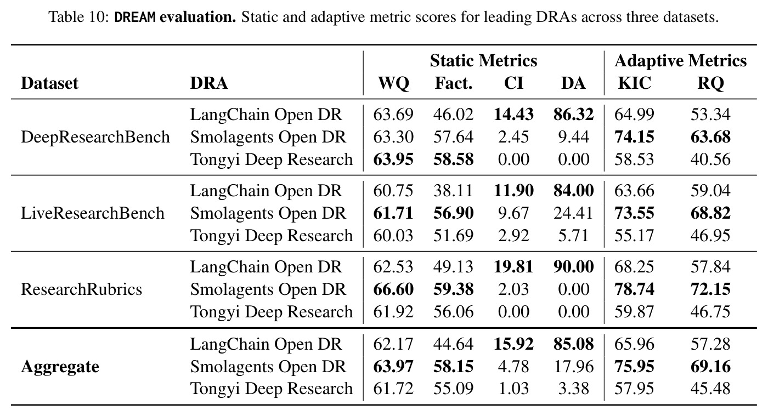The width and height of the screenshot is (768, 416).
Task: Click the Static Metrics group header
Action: (x=483, y=61)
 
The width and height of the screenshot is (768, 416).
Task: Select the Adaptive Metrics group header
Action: (x=681, y=61)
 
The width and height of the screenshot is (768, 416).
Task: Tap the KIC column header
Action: (x=634, y=83)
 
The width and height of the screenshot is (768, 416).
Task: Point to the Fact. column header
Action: (x=454, y=83)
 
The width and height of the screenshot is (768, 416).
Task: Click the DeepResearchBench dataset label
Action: (x=95, y=137)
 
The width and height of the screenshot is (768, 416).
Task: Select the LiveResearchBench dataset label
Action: (x=93, y=213)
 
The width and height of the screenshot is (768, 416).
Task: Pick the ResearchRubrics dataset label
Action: (x=81, y=289)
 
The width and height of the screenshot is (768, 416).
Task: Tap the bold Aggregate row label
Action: (x=60, y=367)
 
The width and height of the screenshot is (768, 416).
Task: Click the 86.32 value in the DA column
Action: (x=573, y=115)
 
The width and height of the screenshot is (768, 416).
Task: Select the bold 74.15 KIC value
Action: (x=634, y=137)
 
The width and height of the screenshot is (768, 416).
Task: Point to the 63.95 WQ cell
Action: (x=393, y=159)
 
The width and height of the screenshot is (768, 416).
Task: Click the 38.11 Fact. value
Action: (x=453, y=191)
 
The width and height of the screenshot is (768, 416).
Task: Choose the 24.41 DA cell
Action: (x=573, y=213)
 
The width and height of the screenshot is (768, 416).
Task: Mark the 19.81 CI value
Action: (x=513, y=267)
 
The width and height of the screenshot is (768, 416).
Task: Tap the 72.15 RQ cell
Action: (x=710, y=289)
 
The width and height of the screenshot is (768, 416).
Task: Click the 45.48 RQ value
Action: (x=710, y=389)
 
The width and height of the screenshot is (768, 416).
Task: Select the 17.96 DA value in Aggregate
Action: (x=574, y=367)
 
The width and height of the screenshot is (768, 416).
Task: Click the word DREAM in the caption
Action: (x=135, y=17)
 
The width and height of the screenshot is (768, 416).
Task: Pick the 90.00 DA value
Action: (x=573, y=267)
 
